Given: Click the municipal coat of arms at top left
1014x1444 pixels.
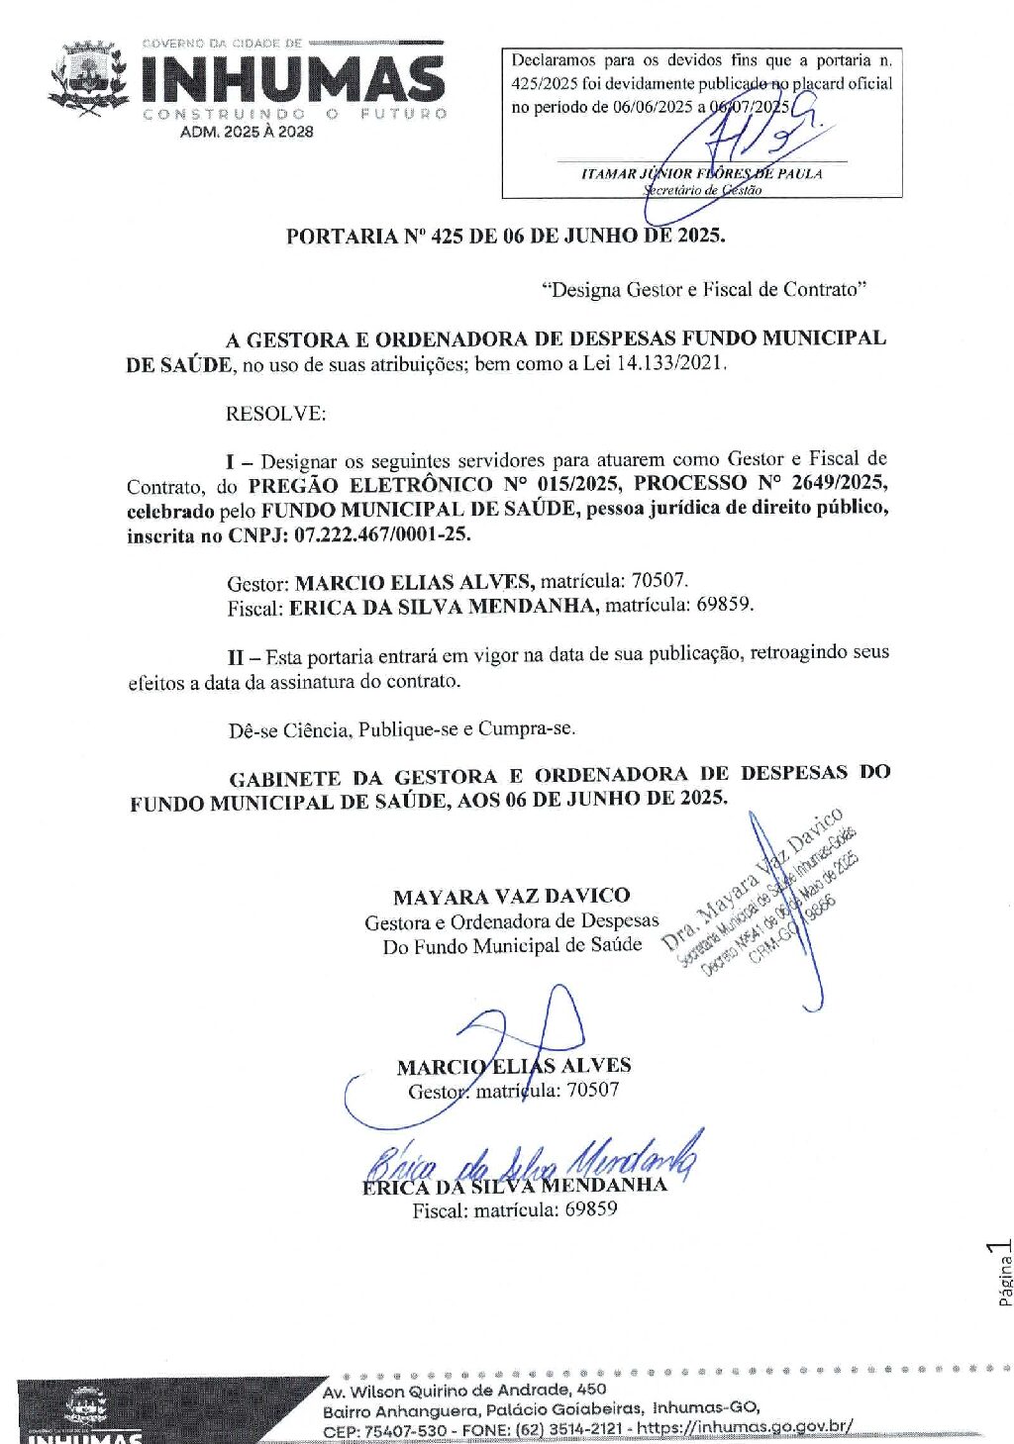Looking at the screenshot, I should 89,77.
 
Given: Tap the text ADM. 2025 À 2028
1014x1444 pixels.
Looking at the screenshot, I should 247,132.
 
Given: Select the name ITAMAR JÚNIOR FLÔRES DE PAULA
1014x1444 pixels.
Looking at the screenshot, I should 701,173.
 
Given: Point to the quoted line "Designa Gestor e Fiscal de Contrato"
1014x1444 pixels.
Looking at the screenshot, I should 704,290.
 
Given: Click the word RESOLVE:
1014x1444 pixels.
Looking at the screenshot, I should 275,414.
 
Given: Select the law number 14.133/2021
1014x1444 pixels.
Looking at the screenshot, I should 670,363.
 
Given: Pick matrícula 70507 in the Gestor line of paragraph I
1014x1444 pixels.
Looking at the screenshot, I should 659,581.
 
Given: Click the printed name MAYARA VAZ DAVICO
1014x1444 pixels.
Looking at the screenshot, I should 511,897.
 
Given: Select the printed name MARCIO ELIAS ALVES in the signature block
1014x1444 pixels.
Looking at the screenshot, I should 513,1066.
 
